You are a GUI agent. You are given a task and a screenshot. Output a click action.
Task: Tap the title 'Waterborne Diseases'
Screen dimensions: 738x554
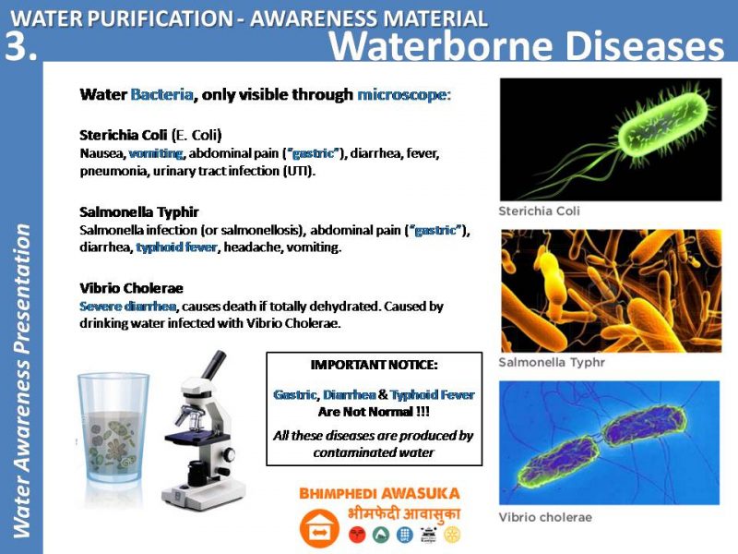pos(526,45)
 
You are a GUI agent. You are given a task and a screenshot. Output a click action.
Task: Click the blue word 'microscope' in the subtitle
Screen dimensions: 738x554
pos(403,95)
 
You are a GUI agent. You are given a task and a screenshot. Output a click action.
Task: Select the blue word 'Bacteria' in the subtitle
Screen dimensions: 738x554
pos(162,95)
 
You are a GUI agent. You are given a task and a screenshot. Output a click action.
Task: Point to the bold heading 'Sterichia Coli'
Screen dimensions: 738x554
pos(124,135)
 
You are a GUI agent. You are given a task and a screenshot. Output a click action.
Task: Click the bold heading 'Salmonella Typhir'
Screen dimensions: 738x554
pos(139,212)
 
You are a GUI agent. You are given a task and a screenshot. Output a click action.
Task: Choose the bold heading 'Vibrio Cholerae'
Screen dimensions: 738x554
pos(131,288)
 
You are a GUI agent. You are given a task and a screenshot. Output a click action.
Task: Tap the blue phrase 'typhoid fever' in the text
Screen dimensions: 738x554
pos(177,247)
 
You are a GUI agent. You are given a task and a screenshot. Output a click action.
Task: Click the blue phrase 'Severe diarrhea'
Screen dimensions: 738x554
pos(128,307)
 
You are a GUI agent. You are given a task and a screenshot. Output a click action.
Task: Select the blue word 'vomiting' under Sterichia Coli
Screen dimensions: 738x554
pos(156,153)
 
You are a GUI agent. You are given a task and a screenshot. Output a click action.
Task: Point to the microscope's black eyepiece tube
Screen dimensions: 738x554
pos(215,364)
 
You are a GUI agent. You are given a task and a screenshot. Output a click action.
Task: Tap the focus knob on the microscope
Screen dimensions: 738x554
pos(229,454)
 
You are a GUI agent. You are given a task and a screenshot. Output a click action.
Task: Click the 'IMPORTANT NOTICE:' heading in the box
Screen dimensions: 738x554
pos(375,365)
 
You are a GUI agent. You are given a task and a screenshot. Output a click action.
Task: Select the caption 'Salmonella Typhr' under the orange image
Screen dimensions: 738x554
pos(552,362)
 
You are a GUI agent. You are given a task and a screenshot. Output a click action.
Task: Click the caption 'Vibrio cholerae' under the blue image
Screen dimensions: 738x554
pos(545,517)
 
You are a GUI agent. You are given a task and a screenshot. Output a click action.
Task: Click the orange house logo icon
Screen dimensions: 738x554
pos(319,528)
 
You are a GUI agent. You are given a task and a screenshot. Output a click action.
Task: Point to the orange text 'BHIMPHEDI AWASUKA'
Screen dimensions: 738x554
pos(379,493)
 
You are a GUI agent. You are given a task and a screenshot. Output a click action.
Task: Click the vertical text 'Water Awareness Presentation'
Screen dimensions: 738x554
pos(21,380)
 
